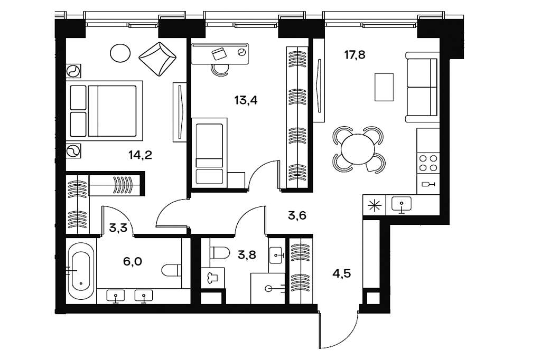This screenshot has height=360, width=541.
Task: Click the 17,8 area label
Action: tap(355, 54)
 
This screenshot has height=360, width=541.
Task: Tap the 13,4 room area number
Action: tap(246, 100)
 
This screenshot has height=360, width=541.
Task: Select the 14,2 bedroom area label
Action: tap(141, 155)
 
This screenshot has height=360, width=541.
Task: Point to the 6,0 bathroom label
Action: tap(133, 261)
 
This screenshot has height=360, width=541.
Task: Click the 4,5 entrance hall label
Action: tap(342, 273)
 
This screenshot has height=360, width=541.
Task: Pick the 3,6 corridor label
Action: tap(297, 215)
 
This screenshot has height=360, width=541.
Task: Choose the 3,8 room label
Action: tap(247, 255)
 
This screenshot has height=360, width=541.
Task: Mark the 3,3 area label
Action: tap(118, 228)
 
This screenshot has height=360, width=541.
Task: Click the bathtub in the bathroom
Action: tap(81, 271)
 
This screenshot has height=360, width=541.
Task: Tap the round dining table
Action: tap(358, 149)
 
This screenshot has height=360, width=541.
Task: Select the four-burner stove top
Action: tap(428, 163)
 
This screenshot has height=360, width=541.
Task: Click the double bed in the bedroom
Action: tap(106, 111)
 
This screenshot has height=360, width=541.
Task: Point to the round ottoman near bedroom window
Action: tap(120, 53)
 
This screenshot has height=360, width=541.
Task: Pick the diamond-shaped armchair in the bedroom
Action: tap(157, 59)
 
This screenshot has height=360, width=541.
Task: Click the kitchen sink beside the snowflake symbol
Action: tap(402, 204)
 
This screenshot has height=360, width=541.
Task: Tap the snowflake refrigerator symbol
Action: tap(375, 206)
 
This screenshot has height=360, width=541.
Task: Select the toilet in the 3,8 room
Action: tap(220, 253)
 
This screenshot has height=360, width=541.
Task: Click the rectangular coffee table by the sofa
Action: tap(384, 87)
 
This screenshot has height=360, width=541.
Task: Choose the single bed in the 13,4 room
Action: tap(209, 153)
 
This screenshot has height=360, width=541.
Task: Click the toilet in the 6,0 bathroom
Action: tap(172, 270)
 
